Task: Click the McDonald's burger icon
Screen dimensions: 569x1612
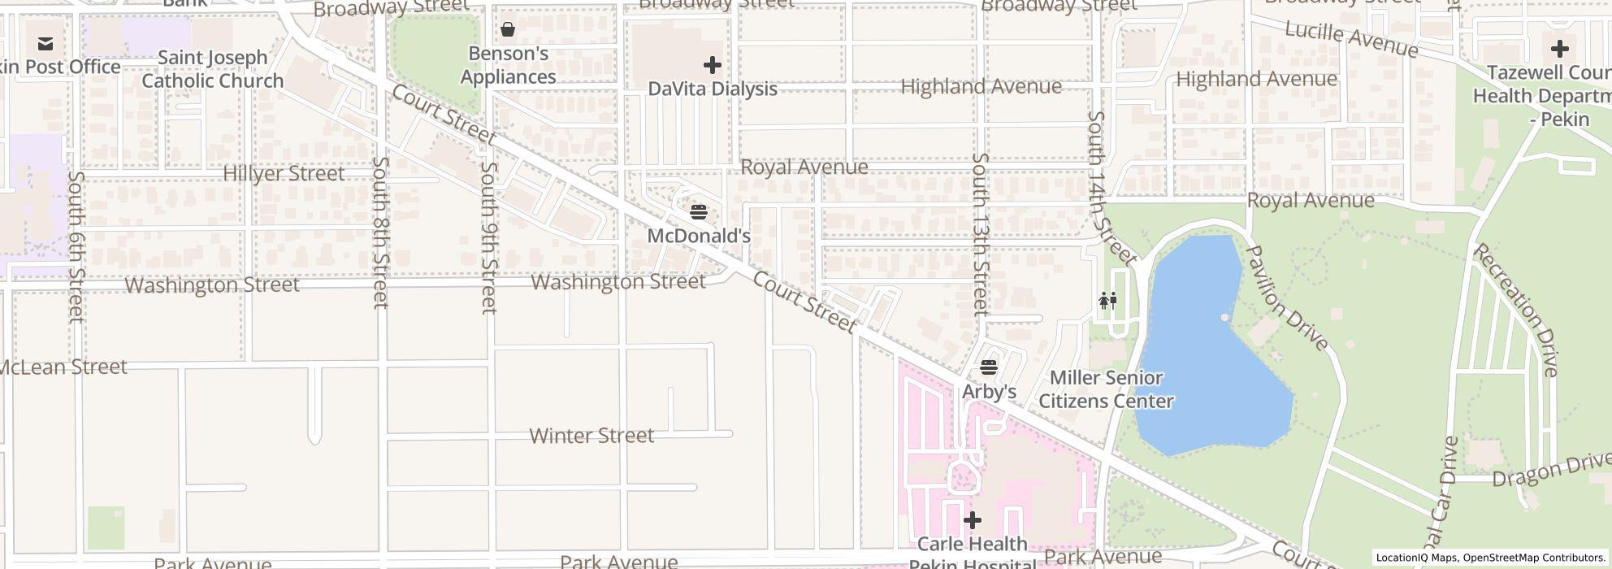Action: (x=699, y=213)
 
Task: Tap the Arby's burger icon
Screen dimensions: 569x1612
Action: (x=989, y=368)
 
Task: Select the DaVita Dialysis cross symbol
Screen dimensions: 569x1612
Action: (x=713, y=65)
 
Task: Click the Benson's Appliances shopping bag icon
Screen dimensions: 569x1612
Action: (x=508, y=30)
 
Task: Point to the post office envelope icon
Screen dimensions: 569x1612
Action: (x=45, y=44)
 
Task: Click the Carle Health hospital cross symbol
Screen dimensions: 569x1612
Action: (x=973, y=520)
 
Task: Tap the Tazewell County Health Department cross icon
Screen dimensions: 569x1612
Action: (x=1559, y=49)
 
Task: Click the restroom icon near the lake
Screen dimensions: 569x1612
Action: (x=1107, y=302)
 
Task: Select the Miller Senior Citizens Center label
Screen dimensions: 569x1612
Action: (x=1106, y=389)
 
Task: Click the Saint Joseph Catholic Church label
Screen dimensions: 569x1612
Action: (x=213, y=69)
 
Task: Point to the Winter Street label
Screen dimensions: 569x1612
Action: (x=591, y=436)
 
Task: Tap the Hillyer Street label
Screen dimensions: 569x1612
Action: (x=284, y=173)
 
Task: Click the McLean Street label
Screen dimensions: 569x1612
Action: (x=63, y=367)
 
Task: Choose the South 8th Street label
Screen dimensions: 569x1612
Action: (x=380, y=232)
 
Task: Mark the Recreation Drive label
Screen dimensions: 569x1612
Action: (x=1516, y=310)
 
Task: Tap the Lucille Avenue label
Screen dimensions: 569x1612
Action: (x=1350, y=39)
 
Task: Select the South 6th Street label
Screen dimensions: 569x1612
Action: (x=76, y=246)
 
